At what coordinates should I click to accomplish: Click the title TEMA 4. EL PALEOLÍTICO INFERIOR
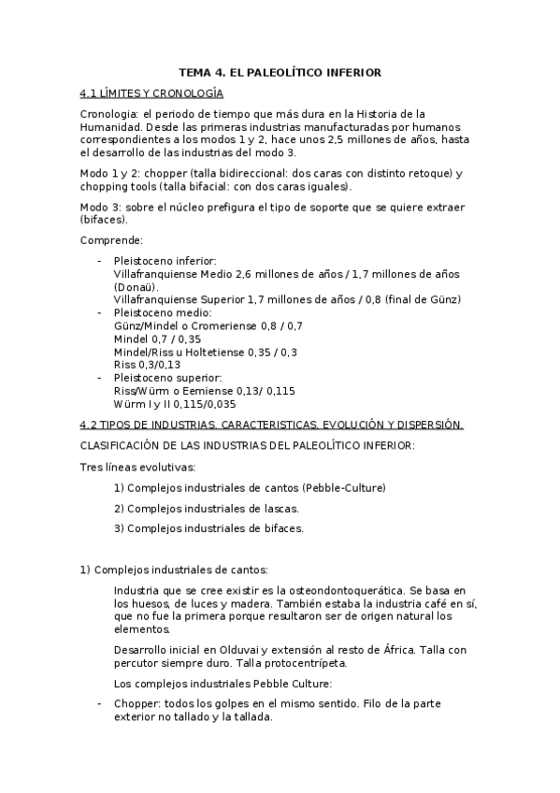tap(280, 72)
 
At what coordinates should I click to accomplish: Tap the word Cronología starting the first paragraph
tap(109, 113)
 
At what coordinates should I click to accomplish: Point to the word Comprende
tap(111, 240)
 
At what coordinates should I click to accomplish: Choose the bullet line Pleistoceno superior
tap(167, 378)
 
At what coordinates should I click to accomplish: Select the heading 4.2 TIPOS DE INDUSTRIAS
tap(271, 425)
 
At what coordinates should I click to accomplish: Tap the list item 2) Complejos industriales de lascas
tap(207, 508)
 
